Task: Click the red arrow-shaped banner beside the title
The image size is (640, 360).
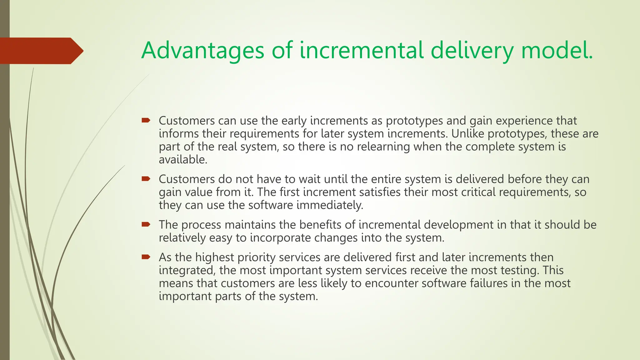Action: point(41,51)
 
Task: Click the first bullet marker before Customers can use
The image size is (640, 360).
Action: point(146,120)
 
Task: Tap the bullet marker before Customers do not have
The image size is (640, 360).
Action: point(146,179)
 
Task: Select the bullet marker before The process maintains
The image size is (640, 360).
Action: point(146,224)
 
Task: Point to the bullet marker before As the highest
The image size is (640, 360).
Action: point(146,257)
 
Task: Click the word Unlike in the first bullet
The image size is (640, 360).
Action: point(467,134)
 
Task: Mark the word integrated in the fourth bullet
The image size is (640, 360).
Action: point(187,270)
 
